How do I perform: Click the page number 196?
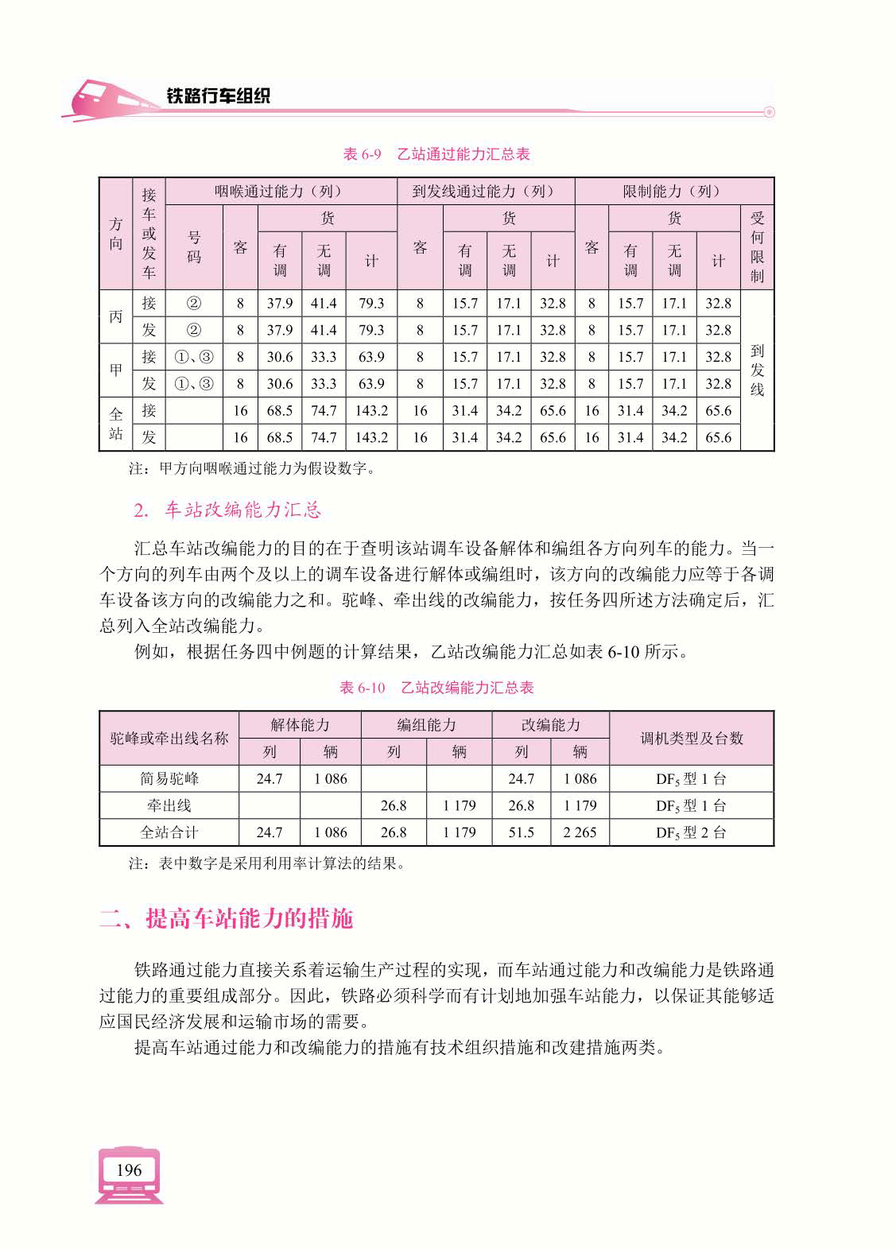pyautogui.click(x=128, y=1169)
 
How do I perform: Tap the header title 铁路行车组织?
pyautogui.click(x=218, y=96)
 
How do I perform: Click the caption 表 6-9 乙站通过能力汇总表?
pyautogui.click(x=436, y=154)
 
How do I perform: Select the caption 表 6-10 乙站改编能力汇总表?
pyautogui.click(x=436, y=688)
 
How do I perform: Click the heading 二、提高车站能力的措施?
pyautogui.click(x=226, y=919)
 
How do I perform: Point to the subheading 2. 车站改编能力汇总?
pyautogui.click(x=227, y=510)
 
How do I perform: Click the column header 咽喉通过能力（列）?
pyautogui.click(x=281, y=192)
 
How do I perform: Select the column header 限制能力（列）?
pyautogui.click(x=673, y=192)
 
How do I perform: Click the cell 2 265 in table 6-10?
pyautogui.click(x=580, y=832)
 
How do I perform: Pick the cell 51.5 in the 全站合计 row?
pyautogui.click(x=521, y=832)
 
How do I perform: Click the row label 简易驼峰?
pyautogui.click(x=169, y=778)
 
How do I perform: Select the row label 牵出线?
pyautogui.click(x=169, y=805)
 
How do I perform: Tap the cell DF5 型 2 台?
pyautogui.click(x=691, y=832)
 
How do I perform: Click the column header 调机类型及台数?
pyautogui.click(x=691, y=738)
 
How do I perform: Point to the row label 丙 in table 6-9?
pyautogui.click(x=116, y=316)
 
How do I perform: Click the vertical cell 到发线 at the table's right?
pyautogui.click(x=757, y=370)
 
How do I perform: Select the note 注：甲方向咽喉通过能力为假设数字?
pyautogui.click(x=252, y=469)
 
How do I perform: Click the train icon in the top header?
pyautogui.click(x=103, y=99)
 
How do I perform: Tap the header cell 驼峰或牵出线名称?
pyautogui.click(x=169, y=738)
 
